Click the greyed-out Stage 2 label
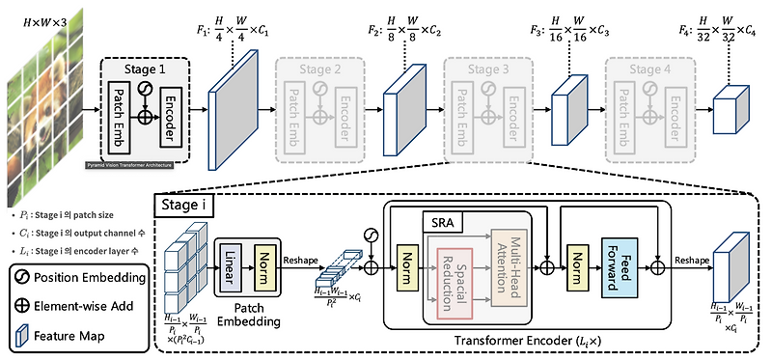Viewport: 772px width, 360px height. click(321, 70)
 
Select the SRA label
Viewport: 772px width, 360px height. click(442, 224)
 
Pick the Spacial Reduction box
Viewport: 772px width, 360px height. click(457, 283)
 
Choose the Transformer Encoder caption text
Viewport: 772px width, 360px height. click(528, 342)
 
